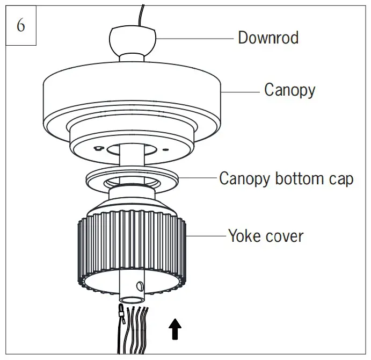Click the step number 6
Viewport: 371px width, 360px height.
[20, 25]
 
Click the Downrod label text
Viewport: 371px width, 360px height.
[268, 38]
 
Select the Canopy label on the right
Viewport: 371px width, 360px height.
[289, 89]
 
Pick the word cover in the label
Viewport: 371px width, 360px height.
[285, 235]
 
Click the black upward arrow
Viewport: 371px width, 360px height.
[175, 329]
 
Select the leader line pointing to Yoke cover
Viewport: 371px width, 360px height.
[207, 235]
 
